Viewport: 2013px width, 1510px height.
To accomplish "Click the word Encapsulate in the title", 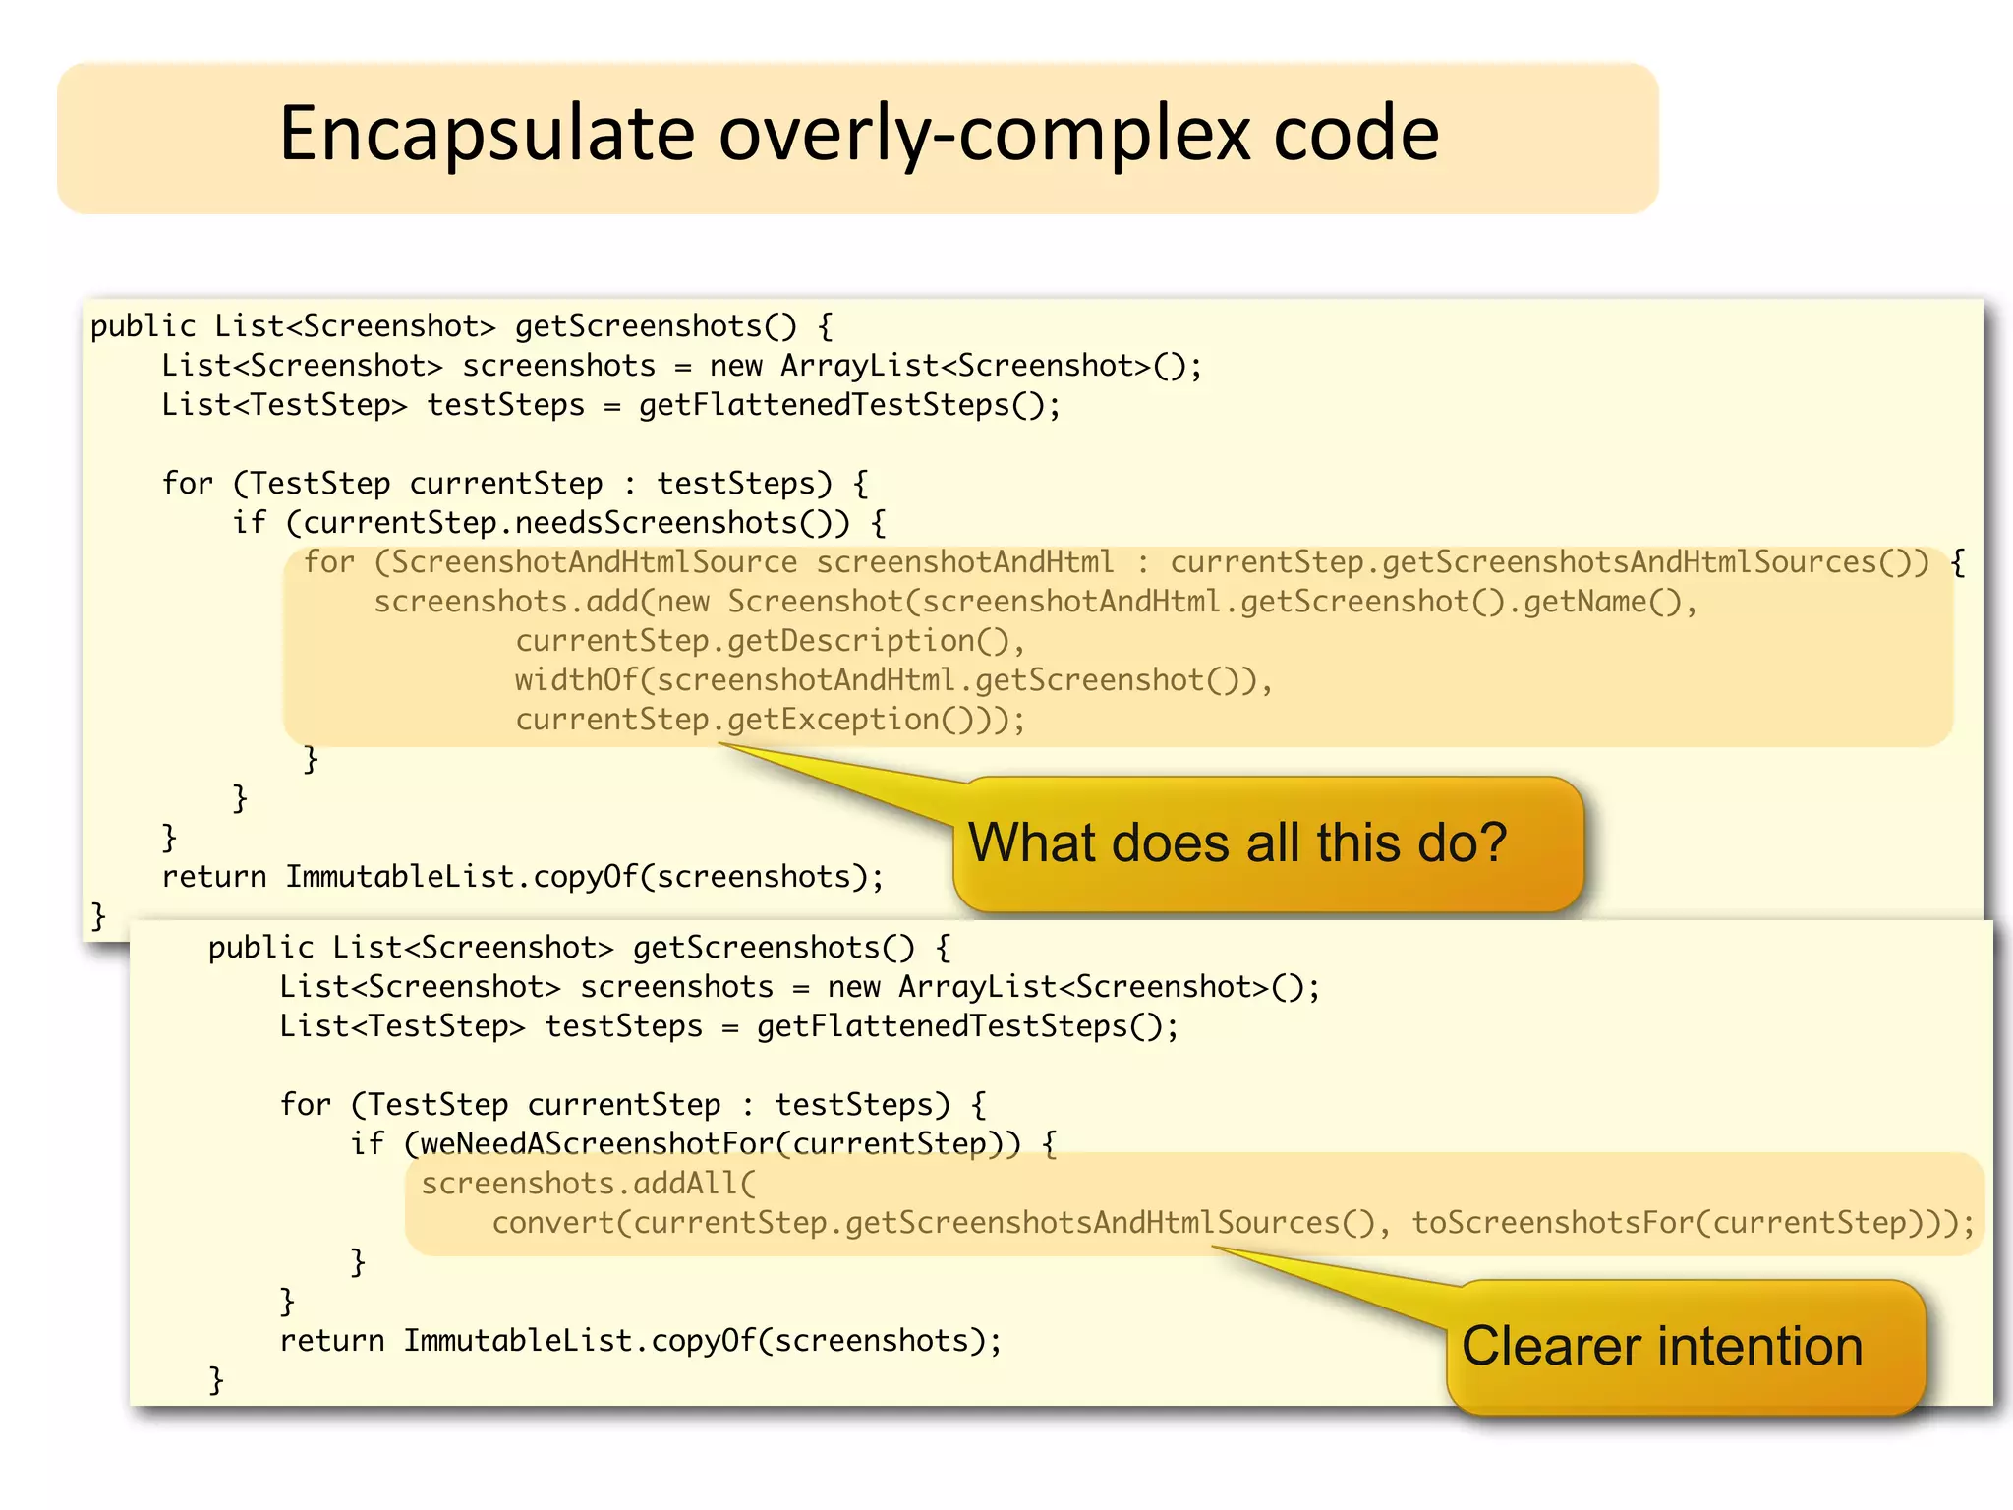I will (x=488, y=134).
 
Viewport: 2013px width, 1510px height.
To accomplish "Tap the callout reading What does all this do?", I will (x=1237, y=843).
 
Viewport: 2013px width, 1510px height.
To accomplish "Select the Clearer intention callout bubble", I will (x=1661, y=1346).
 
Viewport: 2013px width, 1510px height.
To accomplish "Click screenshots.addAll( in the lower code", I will (x=588, y=1183).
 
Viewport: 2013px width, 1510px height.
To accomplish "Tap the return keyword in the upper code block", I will (x=213, y=877).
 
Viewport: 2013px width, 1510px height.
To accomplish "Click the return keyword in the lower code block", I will (x=331, y=1341).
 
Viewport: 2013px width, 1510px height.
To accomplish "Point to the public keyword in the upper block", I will (x=144, y=326).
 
